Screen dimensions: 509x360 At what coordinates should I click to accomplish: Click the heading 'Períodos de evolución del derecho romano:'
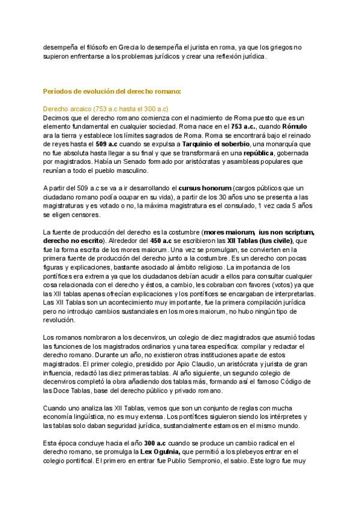click(x=112, y=91)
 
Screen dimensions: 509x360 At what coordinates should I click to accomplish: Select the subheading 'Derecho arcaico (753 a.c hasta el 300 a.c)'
click(x=106, y=109)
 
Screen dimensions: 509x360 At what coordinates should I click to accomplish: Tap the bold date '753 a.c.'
click(x=244, y=127)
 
